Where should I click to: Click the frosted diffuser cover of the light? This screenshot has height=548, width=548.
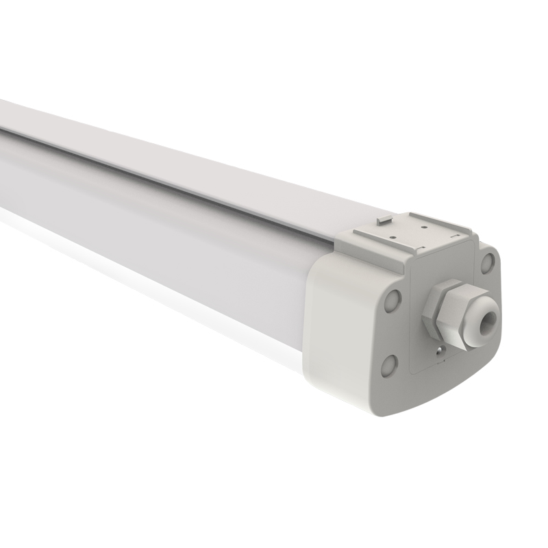(x=171, y=233)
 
